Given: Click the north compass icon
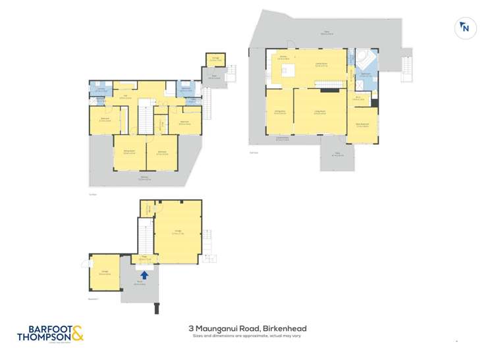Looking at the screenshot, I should pyautogui.click(x=465, y=27).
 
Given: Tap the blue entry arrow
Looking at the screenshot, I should pyautogui.click(x=144, y=274).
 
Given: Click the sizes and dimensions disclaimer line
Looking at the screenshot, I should pyautogui.click(x=246, y=336).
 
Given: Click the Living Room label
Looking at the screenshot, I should pyautogui.click(x=320, y=113).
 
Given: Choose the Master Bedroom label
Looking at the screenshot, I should pyautogui.click(x=362, y=125).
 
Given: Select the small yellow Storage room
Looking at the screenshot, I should pyautogui.click(x=215, y=60).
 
